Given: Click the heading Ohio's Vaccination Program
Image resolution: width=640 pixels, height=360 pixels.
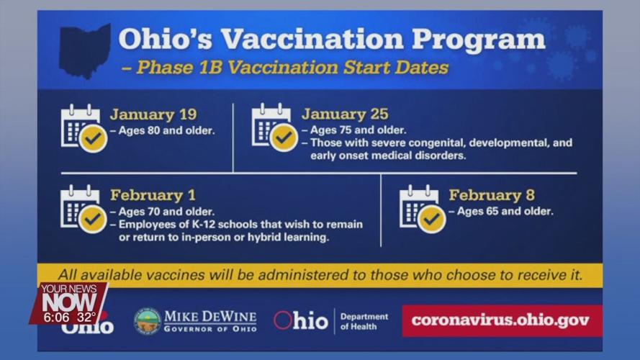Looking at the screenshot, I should [x=331, y=39].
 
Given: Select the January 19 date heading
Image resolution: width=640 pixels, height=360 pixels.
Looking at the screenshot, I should [x=153, y=114].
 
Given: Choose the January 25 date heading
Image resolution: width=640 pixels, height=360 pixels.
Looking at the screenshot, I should [x=345, y=114].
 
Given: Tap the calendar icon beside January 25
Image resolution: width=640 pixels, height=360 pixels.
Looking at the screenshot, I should [x=274, y=127].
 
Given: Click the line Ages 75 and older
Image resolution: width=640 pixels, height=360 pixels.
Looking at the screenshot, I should [x=357, y=130].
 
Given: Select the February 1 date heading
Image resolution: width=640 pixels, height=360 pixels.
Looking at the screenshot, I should [x=153, y=195].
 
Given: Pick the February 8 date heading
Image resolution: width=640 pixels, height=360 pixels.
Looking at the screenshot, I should [x=492, y=195].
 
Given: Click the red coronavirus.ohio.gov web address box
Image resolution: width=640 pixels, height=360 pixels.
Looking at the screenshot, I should [x=502, y=320].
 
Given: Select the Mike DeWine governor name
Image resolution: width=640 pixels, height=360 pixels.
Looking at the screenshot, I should [x=210, y=317].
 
